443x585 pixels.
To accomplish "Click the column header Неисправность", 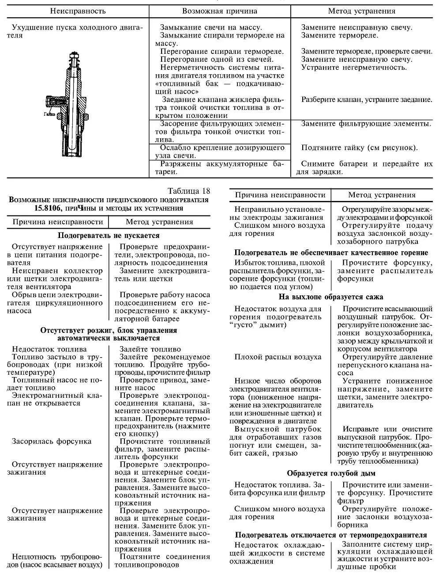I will pyautogui.click(x=77, y=11).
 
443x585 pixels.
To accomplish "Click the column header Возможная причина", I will pyautogui.click(x=219, y=11).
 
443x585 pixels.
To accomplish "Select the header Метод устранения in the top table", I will pyautogui.click(x=361, y=11).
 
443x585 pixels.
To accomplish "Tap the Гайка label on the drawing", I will pyautogui.click(x=49, y=113).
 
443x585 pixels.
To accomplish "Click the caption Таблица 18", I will pyautogui.click(x=189, y=191).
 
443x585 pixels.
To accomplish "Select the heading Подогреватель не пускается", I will pyautogui.click(x=109, y=236).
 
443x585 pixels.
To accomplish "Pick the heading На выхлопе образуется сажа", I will pyautogui.click(x=331, y=297).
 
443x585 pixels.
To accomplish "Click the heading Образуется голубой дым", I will pyautogui.click(x=331, y=473).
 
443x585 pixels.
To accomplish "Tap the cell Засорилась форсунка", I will pyautogui.click(x=52, y=441).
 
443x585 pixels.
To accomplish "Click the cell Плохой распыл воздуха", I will pyautogui.click(x=278, y=357).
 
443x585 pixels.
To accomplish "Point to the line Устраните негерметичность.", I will pyautogui.click(x=354, y=67).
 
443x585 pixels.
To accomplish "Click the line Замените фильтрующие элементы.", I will pyautogui.click(x=366, y=123).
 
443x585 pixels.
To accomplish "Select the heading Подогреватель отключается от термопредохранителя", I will pyautogui.click(x=331, y=535).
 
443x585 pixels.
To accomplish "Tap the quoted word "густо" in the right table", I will pyautogui.click(x=240, y=325).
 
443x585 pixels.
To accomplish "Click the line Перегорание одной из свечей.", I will pyautogui.click(x=217, y=59).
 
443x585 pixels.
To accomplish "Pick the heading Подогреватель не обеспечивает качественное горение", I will pyautogui.click(x=331, y=253).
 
